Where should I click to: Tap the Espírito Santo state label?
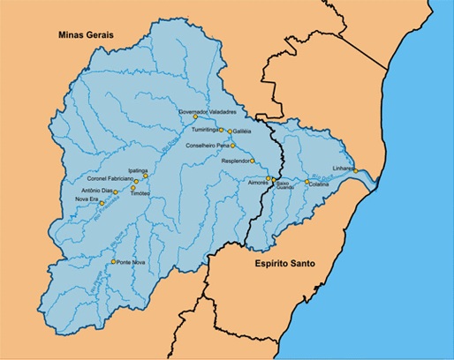(287, 263)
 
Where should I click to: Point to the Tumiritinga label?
(201, 130)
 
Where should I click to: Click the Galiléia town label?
(243, 131)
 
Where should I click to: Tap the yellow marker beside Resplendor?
(253, 161)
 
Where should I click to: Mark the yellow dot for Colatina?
(307, 182)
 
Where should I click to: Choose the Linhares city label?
(344, 165)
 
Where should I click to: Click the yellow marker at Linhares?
(356, 170)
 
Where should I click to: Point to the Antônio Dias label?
(96, 189)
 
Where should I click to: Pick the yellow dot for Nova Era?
(107, 200)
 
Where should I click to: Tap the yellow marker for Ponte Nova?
(114, 262)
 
